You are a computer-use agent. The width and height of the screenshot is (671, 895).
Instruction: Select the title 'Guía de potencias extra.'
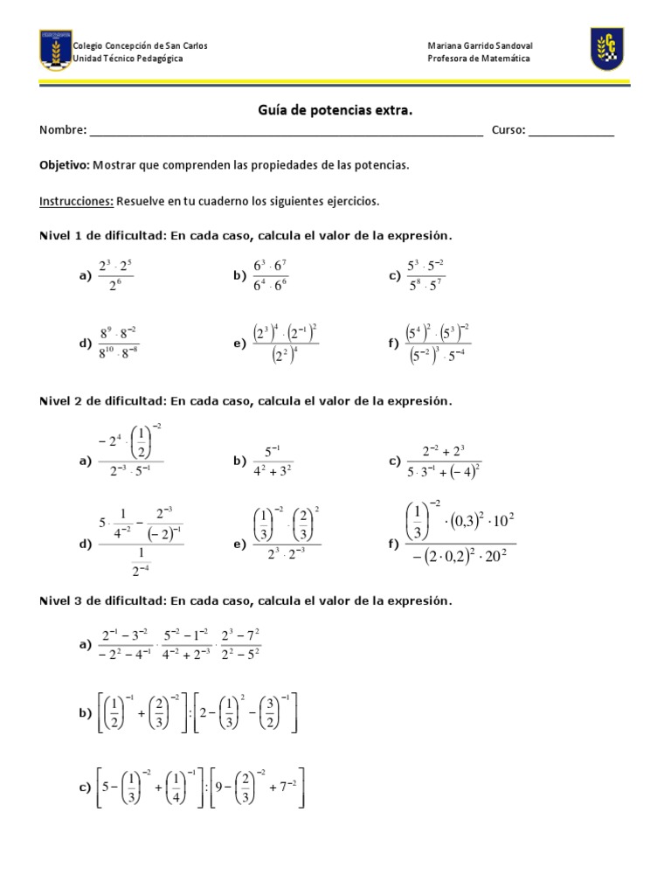[335, 111]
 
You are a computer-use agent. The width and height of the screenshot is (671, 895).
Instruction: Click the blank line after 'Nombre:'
[286, 132]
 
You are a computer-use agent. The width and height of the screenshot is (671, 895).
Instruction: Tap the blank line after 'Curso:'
[571, 132]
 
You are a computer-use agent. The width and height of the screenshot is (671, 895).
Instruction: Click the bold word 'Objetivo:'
[65, 164]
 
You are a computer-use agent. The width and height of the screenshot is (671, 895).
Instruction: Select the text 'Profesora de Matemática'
[479, 59]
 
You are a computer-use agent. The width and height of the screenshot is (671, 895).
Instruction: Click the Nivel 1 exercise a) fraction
[115, 275]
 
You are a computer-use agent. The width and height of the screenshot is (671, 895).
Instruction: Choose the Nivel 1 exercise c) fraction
[426, 275]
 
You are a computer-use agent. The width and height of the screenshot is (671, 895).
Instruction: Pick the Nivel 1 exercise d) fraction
[118, 344]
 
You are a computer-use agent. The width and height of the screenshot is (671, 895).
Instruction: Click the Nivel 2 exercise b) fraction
[273, 461]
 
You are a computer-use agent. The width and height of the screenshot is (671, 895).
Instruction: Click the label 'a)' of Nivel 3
[85, 644]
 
